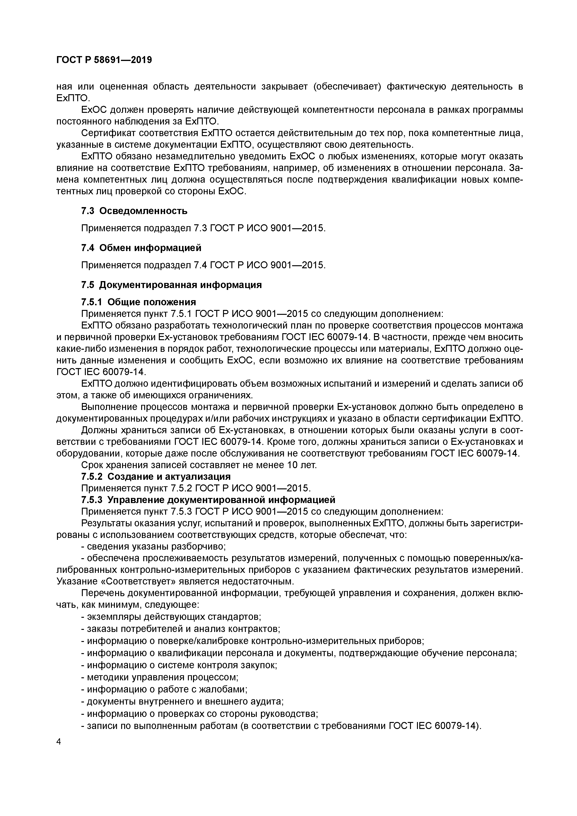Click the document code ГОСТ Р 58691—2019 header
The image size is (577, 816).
pyautogui.click(x=104, y=60)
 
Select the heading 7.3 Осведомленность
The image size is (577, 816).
pyautogui.click(x=134, y=211)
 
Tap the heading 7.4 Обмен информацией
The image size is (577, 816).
pyautogui.click(x=141, y=248)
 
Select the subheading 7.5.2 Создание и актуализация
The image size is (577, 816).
pyautogui.click(x=156, y=476)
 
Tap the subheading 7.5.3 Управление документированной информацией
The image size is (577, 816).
pyautogui.click(x=208, y=500)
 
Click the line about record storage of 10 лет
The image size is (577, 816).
pyautogui.click(x=199, y=465)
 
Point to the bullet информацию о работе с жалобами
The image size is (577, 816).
pyautogui.click(x=164, y=689)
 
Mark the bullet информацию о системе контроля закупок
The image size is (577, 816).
pyautogui.click(x=179, y=665)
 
